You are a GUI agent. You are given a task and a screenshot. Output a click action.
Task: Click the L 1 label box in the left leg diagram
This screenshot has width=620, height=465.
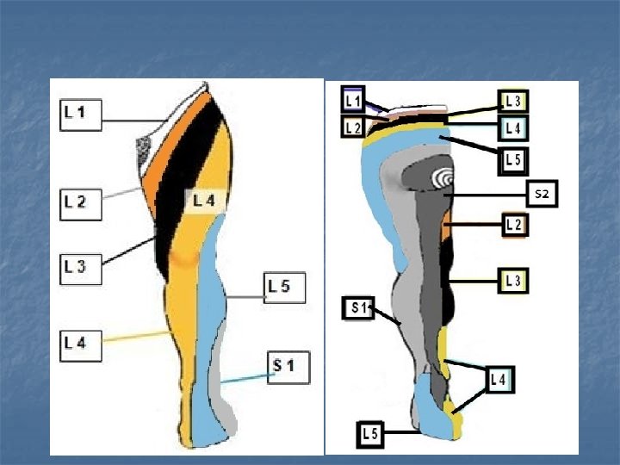tap(80, 113)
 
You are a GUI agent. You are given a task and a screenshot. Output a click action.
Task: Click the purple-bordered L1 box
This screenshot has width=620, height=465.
tap(353, 101)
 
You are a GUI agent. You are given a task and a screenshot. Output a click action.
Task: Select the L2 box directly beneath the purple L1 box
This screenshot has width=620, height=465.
tap(353, 127)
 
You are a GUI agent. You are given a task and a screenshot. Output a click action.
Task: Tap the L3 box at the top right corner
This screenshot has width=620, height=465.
tap(513, 101)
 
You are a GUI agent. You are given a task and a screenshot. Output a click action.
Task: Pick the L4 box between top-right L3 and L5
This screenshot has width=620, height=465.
tap(513, 128)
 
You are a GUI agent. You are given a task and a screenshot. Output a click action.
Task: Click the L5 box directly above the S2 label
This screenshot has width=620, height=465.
tap(513, 159)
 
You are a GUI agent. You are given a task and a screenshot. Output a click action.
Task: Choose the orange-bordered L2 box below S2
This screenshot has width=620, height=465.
tap(515, 226)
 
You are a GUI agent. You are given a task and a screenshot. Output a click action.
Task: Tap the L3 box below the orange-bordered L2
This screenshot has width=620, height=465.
tap(515, 281)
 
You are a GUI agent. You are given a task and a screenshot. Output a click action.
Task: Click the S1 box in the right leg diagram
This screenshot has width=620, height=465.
tap(358, 307)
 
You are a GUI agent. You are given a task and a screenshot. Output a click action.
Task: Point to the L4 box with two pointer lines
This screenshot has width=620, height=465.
tap(499, 378)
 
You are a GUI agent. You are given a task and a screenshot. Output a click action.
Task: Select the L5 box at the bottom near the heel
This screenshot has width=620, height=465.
tap(370, 435)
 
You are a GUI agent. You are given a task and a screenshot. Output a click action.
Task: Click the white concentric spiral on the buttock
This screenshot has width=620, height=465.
tap(443, 177)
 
